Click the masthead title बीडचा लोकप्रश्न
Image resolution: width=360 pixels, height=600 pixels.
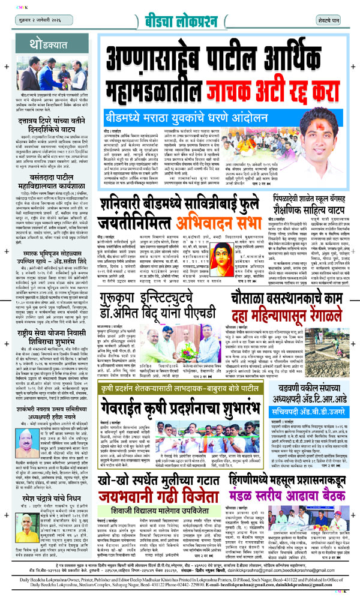tap(180, 12)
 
